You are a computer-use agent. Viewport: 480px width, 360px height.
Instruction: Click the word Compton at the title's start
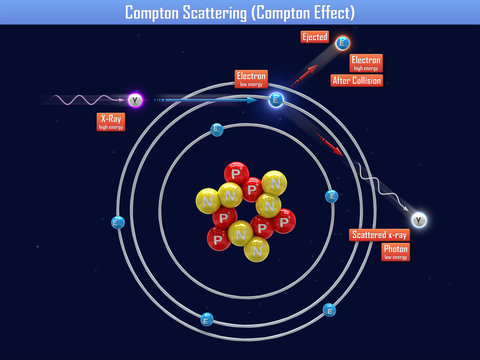pos(154,12)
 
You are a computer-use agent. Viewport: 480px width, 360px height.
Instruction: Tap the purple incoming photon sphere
pos(135,100)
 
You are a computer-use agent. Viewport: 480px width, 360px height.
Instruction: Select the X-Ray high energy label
pos(111,121)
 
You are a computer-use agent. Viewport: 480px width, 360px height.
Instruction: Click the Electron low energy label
pos(251,78)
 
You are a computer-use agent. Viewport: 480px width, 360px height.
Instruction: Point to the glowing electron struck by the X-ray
pos(276,99)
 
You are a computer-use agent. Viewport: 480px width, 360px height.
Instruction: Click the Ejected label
pos(314,37)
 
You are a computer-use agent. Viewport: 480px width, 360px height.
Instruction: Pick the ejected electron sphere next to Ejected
pos(343,43)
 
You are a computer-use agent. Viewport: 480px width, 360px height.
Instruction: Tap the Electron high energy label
pos(366,62)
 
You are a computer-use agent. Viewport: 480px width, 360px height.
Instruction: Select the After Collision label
pos(356,80)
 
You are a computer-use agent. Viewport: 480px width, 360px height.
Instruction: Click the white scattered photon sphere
pos(418,220)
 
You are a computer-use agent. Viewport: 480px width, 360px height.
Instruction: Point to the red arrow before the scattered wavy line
pos(330,145)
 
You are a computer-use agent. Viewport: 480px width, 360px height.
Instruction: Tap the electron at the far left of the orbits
pos(117,222)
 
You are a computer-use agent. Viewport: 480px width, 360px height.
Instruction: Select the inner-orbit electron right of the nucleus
pos(331,196)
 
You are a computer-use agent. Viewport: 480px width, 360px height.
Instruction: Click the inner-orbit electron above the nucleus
pos(216,129)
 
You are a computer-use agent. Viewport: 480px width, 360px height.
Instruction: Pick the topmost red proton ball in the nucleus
pos(236,173)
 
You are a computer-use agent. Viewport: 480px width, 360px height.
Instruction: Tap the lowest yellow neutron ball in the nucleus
pos(256,249)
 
